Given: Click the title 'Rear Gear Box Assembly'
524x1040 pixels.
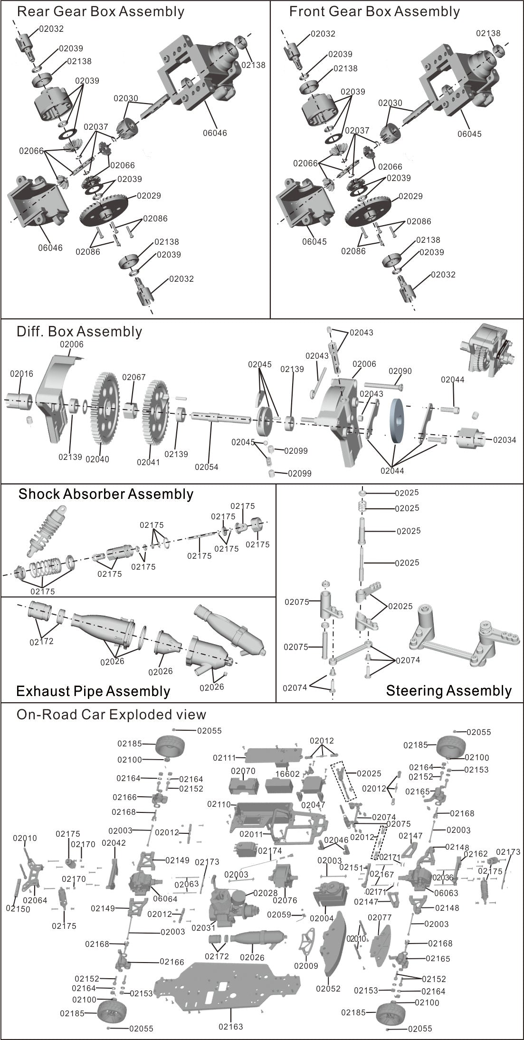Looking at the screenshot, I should click(100, 11).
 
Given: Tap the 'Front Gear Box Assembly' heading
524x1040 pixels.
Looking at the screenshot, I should click(374, 11).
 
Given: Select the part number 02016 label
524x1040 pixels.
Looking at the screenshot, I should click(21, 373).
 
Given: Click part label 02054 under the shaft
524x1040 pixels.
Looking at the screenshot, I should click(206, 467).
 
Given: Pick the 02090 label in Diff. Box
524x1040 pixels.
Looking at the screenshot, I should click(400, 371).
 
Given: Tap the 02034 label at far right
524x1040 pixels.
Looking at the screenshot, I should click(504, 439).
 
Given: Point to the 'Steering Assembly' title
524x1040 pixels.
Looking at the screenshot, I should click(448, 690).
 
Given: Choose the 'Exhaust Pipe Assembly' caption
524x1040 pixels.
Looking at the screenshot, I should click(93, 691).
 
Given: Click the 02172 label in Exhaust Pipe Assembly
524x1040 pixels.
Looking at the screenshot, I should click(41, 641).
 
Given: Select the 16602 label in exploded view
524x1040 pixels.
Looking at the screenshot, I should click(288, 774).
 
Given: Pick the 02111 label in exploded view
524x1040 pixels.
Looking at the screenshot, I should click(225, 758).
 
